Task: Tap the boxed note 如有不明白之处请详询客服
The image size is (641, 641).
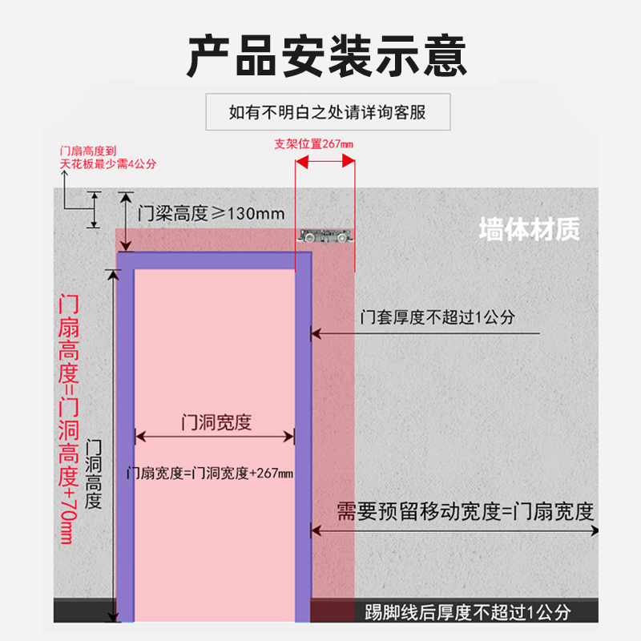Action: [x=327, y=112]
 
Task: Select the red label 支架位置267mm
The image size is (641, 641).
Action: [x=313, y=144]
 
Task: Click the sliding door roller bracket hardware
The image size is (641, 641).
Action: [x=325, y=237]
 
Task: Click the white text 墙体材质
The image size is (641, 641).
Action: [x=529, y=230]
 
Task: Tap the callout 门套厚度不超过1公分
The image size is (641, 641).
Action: [x=437, y=317]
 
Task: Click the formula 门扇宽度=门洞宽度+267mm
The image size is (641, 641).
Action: [x=210, y=473]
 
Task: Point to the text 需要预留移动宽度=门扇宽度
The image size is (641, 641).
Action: [x=465, y=510]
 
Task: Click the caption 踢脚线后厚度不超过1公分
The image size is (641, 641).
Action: [x=467, y=613]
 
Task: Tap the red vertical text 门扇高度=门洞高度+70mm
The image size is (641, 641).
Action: [x=70, y=418]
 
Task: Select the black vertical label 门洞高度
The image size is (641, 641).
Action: [x=94, y=473]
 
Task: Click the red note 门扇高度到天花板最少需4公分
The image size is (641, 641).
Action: [x=108, y=156]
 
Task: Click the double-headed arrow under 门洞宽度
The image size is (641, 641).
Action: [x=215, y=437]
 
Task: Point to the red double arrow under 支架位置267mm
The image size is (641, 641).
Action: [x=325, y=159]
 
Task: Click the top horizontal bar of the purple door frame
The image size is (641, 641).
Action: [x=213, y=260]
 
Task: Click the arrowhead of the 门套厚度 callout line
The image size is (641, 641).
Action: [x=316, y=333]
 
